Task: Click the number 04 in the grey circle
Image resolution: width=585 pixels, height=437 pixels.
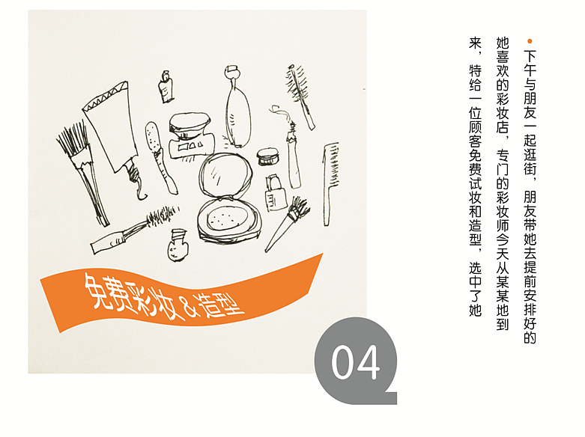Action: (355, 362)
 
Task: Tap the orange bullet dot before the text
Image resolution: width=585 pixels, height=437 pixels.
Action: (530, 41)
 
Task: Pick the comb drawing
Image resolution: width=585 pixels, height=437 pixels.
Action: (330, 183)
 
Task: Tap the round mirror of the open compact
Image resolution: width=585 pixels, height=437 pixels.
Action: (225, 174)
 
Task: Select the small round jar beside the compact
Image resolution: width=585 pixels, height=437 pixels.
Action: (267, 156)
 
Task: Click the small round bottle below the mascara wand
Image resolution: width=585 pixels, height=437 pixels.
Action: (178, 245)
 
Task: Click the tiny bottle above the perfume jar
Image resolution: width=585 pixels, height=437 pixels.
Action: (166, 87)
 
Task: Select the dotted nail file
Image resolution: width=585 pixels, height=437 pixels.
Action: (160, 156)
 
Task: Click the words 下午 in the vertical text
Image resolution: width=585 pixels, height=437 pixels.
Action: (530, 63)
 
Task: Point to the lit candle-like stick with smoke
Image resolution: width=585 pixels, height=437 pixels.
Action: (293, 153)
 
